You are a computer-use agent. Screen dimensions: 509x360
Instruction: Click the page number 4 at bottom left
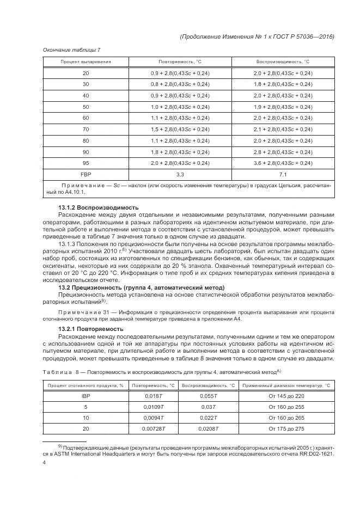pyautogui.click(x=44, y=463)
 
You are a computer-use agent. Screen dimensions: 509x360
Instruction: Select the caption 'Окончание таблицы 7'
pyautogui.click(x=71, y=50)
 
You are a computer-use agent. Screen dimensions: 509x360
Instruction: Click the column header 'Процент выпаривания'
pyautogui.click(x=86, y=62)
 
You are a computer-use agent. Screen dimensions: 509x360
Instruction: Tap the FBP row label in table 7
pyautogui.click(x=86, y=175)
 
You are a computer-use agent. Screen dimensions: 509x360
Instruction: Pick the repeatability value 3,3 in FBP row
pyautogui.click(x=180, y=175)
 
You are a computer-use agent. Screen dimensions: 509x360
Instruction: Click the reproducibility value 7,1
pyautogui.click(x=283, y=175)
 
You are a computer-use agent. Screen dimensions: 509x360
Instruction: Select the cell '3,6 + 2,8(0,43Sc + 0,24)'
pyautogui.click(x=283, y=163)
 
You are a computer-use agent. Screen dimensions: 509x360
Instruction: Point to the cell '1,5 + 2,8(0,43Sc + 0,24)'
pyautogui.click(x=180, y=129)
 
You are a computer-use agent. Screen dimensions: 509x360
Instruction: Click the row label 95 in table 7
pyautogui.click(x=86, y=163)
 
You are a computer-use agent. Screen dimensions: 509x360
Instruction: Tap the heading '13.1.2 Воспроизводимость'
pyautogui.click(x=98, y=207)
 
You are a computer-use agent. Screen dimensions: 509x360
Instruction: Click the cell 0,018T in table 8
pyautogui.click(x=154, y=396)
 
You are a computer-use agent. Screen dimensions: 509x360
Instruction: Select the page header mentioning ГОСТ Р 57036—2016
pyautogui.click(x=256, y=36)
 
